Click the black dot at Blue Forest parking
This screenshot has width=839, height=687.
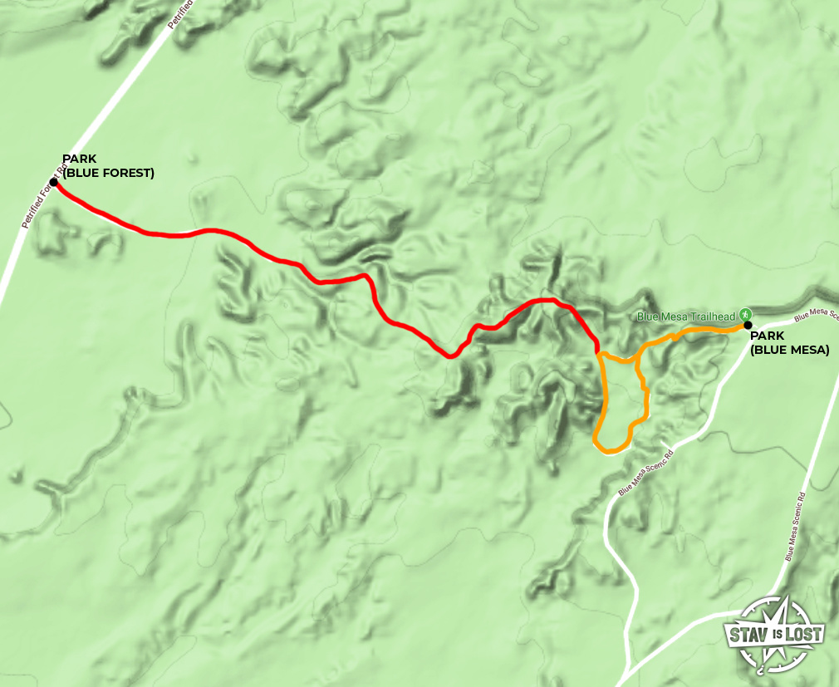pos(53,182)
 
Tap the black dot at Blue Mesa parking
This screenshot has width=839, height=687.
pos(748,325)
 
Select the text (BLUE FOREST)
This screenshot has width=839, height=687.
pos(108,173)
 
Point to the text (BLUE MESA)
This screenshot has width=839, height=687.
pos(789,350)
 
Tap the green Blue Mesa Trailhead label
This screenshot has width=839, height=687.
pos(686,316)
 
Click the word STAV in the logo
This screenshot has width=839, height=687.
pos(746,635)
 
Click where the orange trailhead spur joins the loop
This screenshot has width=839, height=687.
pos(635,360)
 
